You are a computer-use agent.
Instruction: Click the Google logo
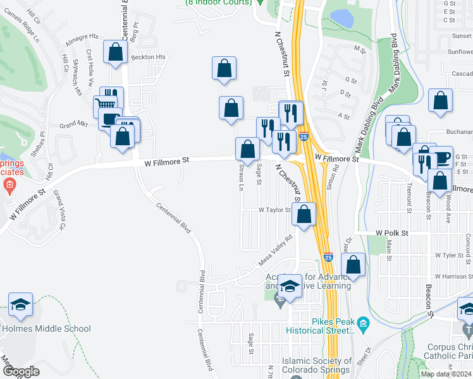click(20, 371)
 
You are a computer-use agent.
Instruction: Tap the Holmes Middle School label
click(46, 328)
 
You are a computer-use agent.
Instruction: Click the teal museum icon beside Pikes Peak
click(362, 325)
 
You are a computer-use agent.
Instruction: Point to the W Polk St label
click(393, 232)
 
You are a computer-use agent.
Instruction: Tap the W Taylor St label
click(274, 210)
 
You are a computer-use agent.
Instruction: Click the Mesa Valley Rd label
click(276, 251)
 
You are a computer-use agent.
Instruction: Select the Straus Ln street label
click(241, 178)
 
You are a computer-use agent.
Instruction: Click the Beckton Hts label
click(148, 57)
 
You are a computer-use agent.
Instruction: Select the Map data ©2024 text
click(446, 374)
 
